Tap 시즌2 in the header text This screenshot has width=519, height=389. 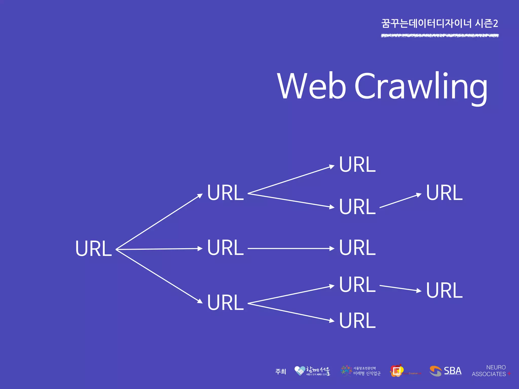coord(487,24)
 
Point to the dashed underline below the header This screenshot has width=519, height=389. coord(440,36)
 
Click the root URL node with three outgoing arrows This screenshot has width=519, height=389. coord(94,248)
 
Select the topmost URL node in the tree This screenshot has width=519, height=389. coord(357,165)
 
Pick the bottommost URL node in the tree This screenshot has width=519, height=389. coord(357,321)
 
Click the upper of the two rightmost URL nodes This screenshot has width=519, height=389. coord(444,193)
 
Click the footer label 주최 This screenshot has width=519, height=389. coord(281,372)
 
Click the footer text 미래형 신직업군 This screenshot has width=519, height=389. coord(367,374)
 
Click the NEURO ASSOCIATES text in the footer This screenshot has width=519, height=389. coord(489,371)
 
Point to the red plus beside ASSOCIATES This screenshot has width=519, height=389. coord(509,374)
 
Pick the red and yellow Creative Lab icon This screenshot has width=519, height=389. coord(397,371)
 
